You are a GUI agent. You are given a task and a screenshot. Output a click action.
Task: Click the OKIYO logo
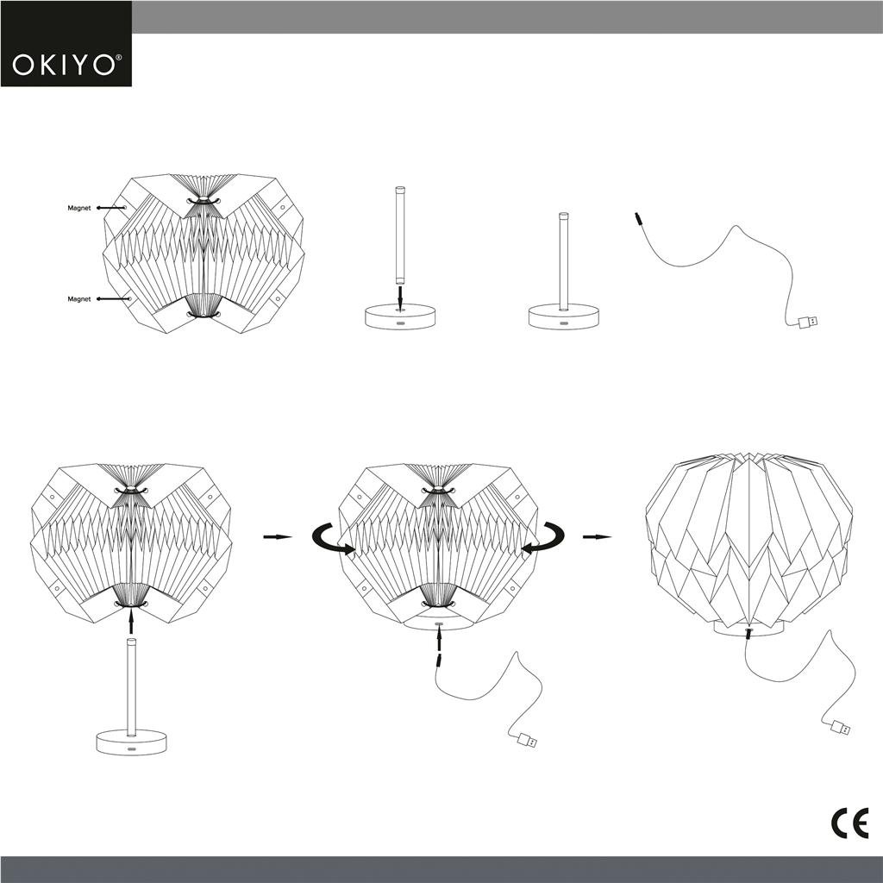pos(66,65)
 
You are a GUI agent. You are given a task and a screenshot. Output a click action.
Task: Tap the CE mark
pos(849,824)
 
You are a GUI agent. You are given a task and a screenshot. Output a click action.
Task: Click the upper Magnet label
pos(79,208)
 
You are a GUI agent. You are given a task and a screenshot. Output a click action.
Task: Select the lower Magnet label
pos(79,299)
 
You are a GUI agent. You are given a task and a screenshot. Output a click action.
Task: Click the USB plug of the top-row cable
pos(807,322)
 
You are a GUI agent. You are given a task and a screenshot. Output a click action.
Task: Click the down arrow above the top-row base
pos(400,296)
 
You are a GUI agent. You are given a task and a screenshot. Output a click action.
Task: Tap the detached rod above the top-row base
pos(400,235)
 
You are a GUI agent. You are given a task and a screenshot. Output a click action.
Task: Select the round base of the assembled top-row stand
pos(564,316)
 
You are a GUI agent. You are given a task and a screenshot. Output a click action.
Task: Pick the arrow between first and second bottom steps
pos(277,537)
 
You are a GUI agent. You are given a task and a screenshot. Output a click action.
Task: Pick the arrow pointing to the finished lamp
pos(597,537)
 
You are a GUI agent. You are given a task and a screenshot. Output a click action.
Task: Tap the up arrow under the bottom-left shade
pos(131,619)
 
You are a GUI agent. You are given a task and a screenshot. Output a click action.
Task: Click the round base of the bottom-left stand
pos(131,742)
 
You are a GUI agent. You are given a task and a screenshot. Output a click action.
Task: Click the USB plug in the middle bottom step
pos(525,740)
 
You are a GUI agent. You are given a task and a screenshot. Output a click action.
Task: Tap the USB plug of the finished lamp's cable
pos(839,728)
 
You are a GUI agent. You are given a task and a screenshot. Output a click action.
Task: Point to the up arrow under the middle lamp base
pos(439,639)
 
